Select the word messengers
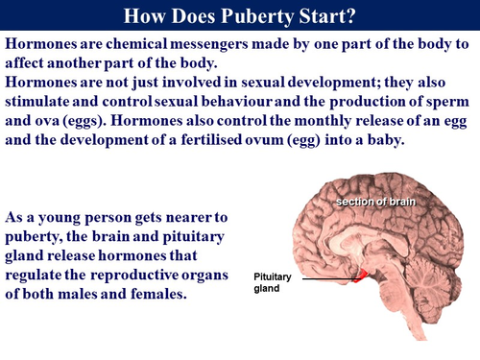[x=235, y=45]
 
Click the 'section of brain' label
[x=377, y=202]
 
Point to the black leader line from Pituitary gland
[x=326, y=278]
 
